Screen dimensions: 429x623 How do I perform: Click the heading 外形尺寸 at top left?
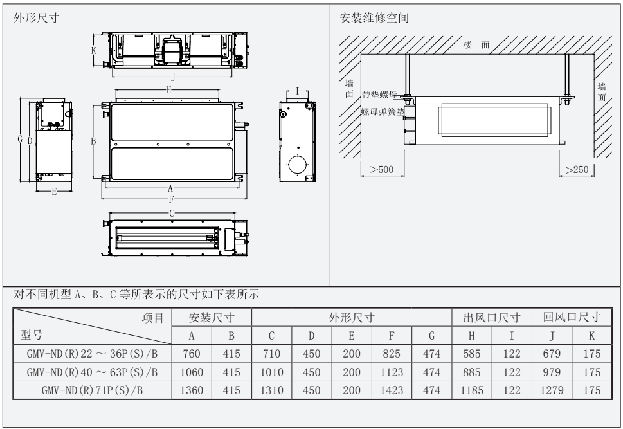[37, 18]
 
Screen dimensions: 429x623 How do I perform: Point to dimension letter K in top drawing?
[94, 50]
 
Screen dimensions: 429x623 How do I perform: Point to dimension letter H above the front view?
[168, 91]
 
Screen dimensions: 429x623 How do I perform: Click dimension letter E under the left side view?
[53, 192]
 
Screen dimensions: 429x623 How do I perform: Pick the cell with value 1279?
[552, 390]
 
